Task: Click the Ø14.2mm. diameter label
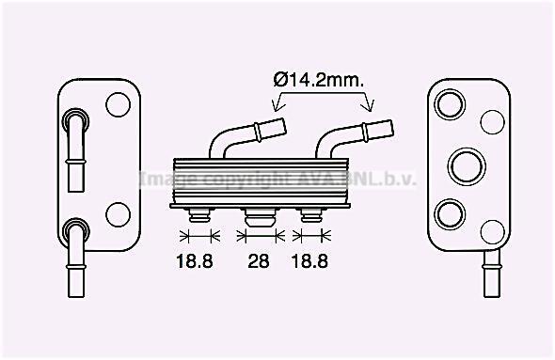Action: [319, 81]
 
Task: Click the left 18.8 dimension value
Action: [195, 261]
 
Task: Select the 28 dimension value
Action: [259, 261]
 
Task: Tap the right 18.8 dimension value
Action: [309, 261]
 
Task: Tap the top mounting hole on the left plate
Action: [119, 104]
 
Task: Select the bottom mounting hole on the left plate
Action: [119, 214]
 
